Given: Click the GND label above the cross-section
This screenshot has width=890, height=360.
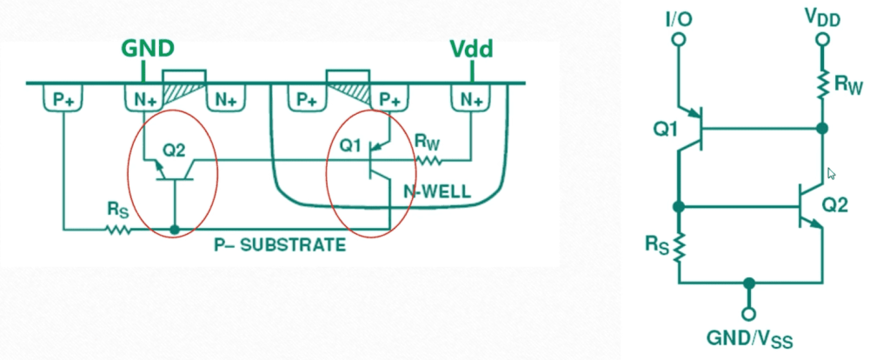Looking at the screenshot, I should (x=150, y=47).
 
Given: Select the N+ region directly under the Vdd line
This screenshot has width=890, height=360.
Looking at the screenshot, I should (x=471, y=100).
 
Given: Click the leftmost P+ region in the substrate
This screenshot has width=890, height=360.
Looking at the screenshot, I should (x=63, y=100).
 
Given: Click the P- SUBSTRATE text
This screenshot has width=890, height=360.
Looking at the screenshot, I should (x=280, y=245).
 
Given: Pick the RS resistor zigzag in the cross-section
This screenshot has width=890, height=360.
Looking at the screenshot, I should (x=117, y=230).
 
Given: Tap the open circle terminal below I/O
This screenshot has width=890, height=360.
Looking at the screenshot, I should (x=678, y=40).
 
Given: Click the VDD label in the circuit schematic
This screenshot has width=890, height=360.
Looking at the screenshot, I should (x=821, y=17).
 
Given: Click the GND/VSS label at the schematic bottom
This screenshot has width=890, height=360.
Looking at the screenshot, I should (x=747, y=340).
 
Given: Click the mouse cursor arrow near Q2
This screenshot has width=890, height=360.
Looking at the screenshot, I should (x=831, y=174).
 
